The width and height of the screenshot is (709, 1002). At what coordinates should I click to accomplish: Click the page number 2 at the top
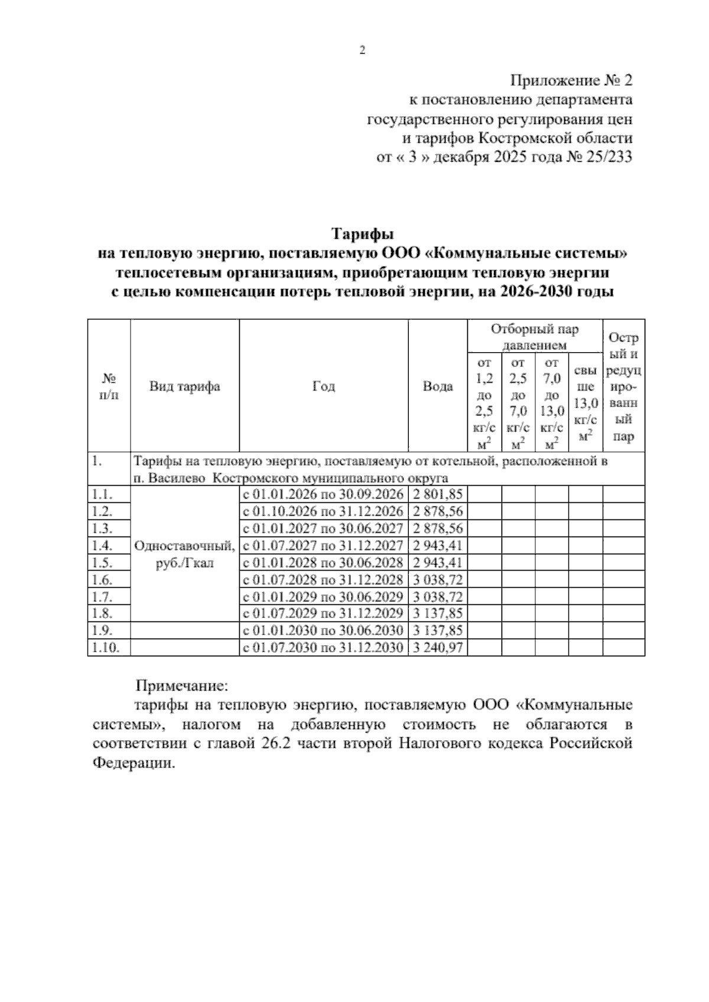click(363, 51)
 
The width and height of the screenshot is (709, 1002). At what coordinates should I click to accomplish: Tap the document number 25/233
click(609, 157)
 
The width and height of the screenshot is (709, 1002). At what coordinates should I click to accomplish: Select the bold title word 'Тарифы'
click(362, 234)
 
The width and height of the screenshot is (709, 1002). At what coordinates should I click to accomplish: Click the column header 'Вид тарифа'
click(184, 386)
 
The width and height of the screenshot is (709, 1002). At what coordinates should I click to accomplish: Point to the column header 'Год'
click(323, 386)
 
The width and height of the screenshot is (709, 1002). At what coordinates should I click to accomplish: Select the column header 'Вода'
click(438, 386)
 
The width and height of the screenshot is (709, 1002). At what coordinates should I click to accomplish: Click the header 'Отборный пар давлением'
click(535, 337)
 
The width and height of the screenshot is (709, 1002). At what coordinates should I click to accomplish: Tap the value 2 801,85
click(438, 494)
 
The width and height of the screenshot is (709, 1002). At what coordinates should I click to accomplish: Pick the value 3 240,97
click(438, 648)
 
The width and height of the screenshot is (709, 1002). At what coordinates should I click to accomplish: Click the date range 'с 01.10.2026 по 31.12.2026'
click(323, 511)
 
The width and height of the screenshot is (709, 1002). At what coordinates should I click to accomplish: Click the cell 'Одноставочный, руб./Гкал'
click(184, 554)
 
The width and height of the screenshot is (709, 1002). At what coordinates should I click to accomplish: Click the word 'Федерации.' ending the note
click(134, 762)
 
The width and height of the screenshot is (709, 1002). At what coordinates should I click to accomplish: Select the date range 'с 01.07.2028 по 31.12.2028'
click(323, 580)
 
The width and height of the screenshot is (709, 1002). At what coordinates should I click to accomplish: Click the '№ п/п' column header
click(109, 386)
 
